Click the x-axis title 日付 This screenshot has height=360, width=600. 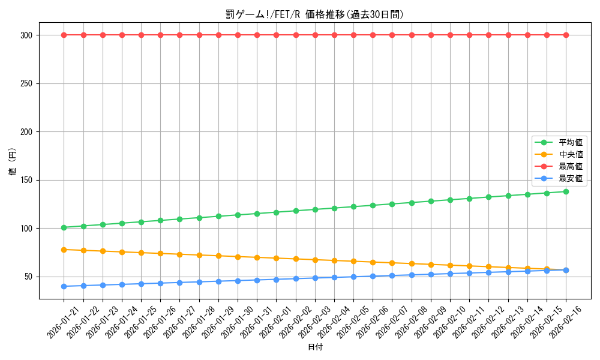[315, 347]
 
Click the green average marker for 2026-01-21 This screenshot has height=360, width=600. [64, 227]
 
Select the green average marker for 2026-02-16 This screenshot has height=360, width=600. [566, 191]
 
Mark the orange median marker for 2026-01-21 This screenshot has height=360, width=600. [64, 250]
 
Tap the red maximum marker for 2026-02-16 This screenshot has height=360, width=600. [566, 35]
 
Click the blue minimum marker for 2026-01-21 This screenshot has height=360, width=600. [64, 286]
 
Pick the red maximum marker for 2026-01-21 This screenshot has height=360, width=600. [64, 35]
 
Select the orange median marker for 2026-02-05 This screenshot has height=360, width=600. [353, 261]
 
